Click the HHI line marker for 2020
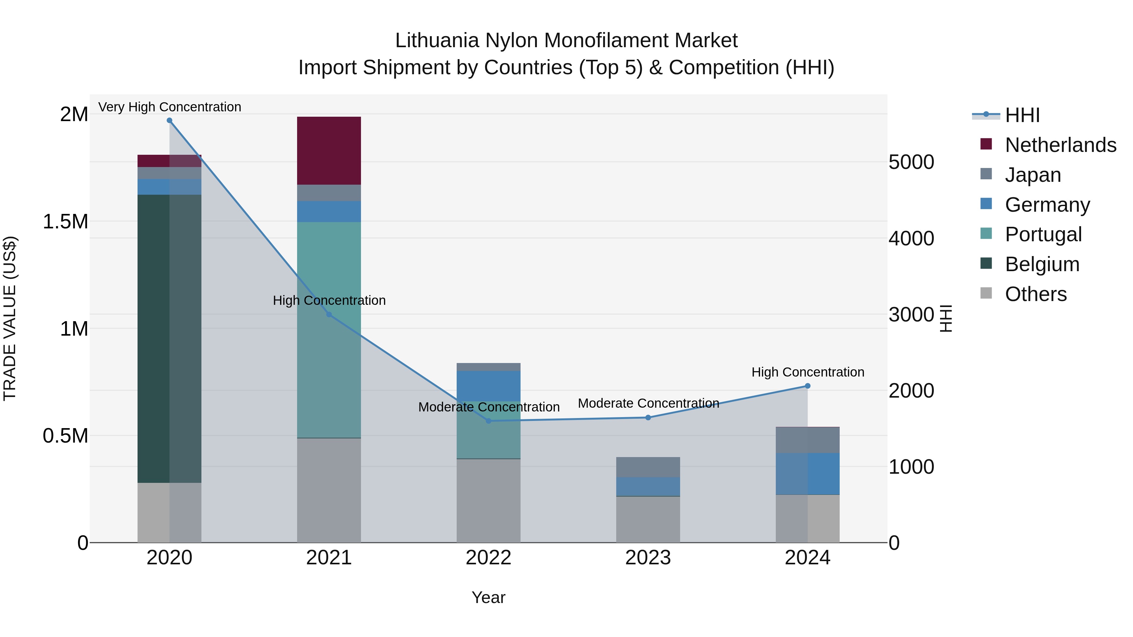coord(169,120)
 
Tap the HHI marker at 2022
coord(488,421)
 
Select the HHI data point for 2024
coord(808,386)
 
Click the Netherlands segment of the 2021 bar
coord(329,150)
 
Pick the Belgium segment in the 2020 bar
coord(169,338)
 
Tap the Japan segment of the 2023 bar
coord(648,467)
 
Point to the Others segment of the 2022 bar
coord(488,501)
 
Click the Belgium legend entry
coord(1042,264)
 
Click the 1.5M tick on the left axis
coord(65,221)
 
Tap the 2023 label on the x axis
coord(648,558)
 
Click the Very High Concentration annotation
coord(169,107)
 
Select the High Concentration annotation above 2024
coord(808,372)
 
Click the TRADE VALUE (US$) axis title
coord(10,318)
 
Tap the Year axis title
coord(488,597)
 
